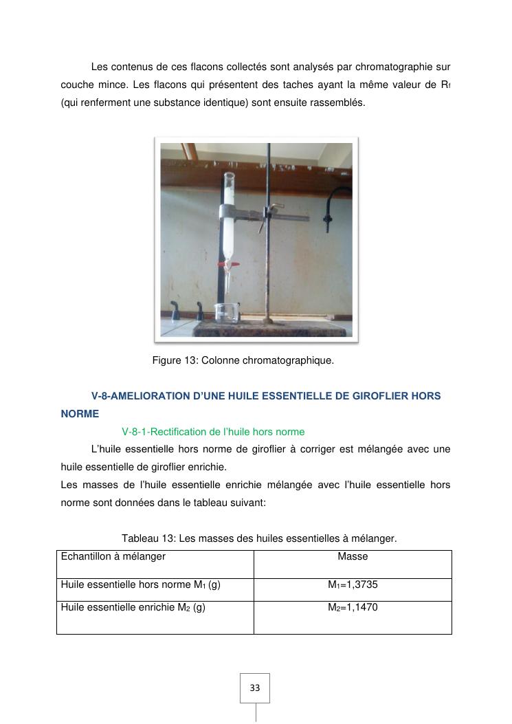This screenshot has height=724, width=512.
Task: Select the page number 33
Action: point(255,688)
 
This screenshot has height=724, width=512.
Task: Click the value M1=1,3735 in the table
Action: point(353,585)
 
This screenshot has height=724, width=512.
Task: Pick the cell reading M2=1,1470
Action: point(353,608)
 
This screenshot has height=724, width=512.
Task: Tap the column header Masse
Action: point(353,556)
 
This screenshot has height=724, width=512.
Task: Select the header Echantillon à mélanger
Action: point(113,556)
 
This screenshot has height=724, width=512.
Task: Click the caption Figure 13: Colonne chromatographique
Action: point(243,360)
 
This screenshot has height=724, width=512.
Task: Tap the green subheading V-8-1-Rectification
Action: point(213,432)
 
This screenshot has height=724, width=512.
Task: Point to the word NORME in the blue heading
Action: point(80,414)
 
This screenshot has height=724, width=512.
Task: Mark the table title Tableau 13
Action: point(259,538)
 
